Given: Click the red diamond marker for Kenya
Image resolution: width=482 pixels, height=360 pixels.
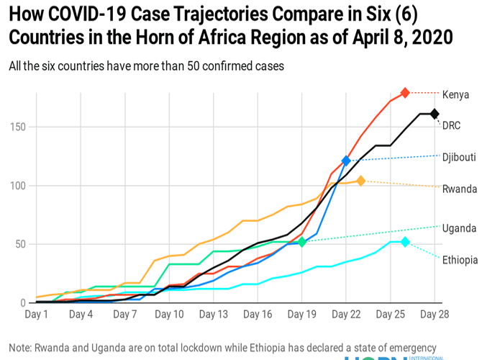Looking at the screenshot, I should click(x=405, y=93).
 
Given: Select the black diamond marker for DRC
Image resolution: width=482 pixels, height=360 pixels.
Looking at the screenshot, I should click(x=435, y=114).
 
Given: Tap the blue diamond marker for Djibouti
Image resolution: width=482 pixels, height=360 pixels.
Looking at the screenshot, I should click(x=346, y=161).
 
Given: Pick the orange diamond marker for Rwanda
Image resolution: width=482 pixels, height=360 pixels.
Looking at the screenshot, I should click(x=360, y=181).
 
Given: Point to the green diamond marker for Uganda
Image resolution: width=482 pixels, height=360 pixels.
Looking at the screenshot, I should click(x=302, y=242).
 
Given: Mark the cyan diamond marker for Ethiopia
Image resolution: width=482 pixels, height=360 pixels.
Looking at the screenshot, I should click(x=405, y=242).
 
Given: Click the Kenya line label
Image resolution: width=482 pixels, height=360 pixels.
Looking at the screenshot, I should click(x=455, y=94).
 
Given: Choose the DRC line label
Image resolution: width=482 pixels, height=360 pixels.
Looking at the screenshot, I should click(x=451, y=125).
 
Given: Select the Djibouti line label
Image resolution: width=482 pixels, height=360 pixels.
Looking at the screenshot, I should click(x=458, y=157).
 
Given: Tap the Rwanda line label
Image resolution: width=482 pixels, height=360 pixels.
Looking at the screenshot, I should click(x=459, y=189).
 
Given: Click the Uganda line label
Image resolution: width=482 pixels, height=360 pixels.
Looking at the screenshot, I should click(x=459, y=228).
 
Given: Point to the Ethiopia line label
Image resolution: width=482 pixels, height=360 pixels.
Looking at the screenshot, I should click(x=458, y=260).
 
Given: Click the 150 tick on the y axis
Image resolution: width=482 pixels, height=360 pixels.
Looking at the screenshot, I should click(x=17, y=127).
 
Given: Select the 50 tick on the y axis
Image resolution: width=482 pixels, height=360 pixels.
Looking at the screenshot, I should click(x=19, y=244).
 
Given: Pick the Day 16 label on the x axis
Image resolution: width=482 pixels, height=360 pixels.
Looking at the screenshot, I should click(x=258, y=315).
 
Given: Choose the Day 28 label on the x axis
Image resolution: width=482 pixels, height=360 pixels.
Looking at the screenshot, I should click(x=435, y=315).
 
